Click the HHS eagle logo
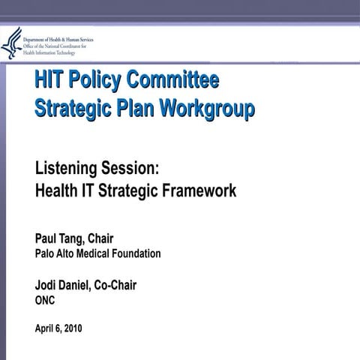[x=12, y=43]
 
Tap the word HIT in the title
[x=51, y=79]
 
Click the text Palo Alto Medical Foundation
[x=97, y=253]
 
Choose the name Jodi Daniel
[x=67, y=286]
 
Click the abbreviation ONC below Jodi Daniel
[x=46, y=300]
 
